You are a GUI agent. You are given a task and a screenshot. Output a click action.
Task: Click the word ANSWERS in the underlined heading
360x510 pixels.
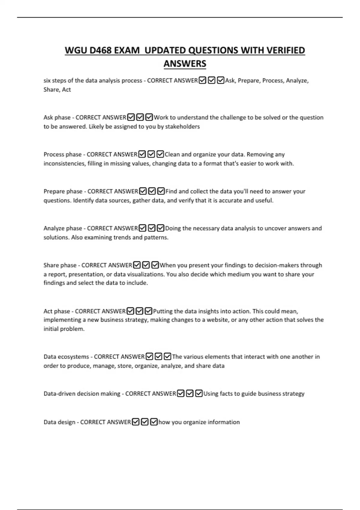185,64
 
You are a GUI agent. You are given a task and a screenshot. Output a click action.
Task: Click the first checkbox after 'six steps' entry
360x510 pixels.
202,80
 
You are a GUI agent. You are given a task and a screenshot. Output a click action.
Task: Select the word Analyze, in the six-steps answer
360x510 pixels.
297,80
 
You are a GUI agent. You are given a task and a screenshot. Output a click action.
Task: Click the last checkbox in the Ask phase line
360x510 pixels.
149,117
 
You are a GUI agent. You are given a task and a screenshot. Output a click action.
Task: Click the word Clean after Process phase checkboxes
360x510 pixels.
172,154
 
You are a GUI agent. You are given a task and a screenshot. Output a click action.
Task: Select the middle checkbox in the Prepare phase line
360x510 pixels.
152,191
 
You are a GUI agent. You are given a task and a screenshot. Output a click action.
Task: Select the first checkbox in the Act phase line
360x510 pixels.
130,311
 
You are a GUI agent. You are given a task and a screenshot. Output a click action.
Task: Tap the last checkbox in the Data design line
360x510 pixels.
154,422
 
